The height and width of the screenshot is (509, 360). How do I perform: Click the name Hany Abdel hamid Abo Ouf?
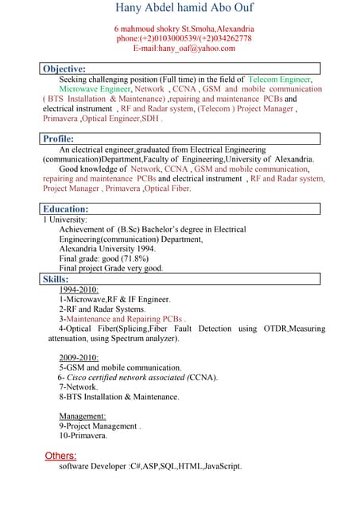(184, 9)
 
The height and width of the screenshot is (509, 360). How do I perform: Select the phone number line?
(184, 38)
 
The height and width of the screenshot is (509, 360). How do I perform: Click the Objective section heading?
(64, 69)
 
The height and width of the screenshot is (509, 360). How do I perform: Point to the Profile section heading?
(60, 139)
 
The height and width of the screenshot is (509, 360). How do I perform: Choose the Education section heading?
(66, 209)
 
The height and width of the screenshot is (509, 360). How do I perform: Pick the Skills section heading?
(56, 279)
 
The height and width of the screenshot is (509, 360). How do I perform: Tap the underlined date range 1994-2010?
(79, 289)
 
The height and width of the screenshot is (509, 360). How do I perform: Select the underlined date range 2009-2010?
(79, 358)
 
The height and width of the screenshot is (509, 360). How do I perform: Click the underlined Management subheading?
(83, 416)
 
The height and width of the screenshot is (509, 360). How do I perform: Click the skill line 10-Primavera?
(83, 436)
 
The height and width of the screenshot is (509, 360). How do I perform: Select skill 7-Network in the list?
(79, 387)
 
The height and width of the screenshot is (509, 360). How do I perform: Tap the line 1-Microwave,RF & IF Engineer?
(114, 299)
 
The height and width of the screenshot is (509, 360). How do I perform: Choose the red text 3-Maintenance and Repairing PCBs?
(122, 318)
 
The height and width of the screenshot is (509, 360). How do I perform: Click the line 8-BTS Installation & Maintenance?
(118, 396)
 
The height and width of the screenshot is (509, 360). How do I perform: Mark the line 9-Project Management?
(99, 425)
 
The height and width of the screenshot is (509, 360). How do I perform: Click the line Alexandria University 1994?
(107, 248)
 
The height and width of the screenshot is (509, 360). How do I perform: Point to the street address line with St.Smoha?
(184, 29)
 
